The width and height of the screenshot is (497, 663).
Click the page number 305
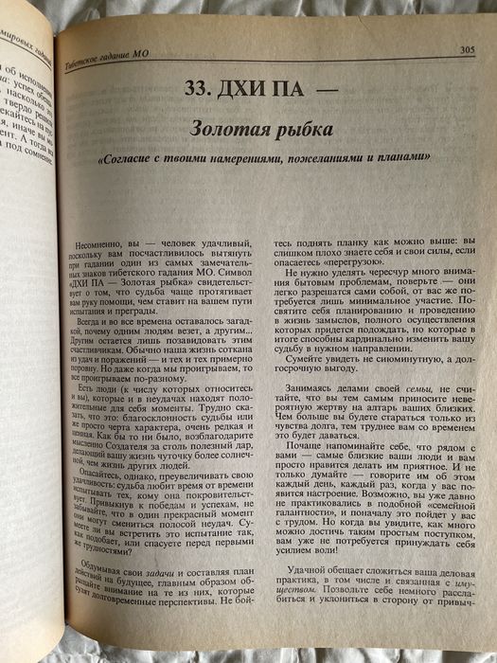(x=466, y=49)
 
